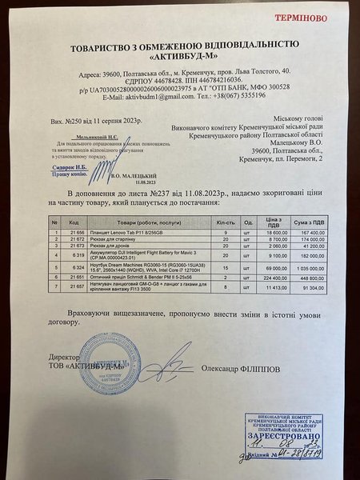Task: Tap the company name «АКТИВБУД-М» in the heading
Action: [180, 57]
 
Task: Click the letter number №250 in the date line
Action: [79, 126]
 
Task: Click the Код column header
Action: [74, 222]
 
